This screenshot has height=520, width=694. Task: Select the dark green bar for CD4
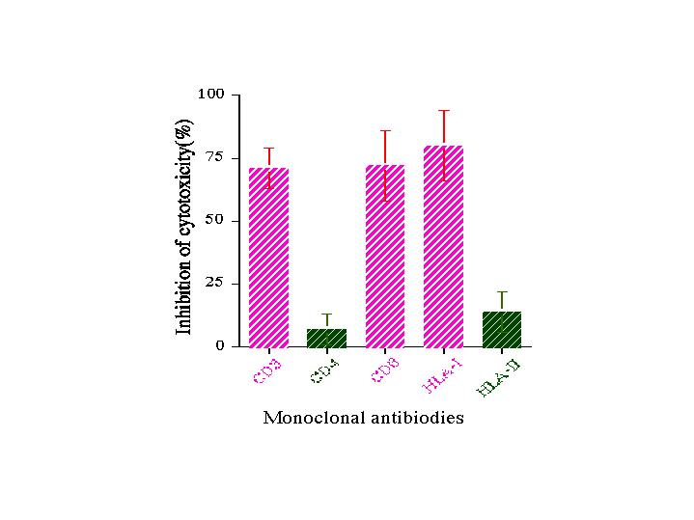click(x=326, y=338)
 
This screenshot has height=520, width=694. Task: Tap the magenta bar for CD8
click(x=384, y=257)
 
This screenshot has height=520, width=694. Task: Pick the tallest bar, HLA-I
click(x=443, y=247)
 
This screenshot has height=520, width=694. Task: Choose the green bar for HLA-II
click(x=501, y=329)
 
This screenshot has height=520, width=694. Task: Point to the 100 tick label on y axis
click(x=210, y=95)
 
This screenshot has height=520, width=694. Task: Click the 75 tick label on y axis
click(x=215, y=157)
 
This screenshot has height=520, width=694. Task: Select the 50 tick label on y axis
click(x=215, y=220)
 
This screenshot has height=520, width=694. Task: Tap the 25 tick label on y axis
click(x=215, y=283)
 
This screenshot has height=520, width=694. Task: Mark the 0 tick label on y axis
click(x=219, y=345)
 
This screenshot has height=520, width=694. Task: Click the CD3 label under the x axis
click(x=262, y=369)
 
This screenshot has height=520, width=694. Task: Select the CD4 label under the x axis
click(x=320, y=369)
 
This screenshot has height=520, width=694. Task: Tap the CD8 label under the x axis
click(x=378, y=369)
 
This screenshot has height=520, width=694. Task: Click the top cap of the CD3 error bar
click(x=268, y=149)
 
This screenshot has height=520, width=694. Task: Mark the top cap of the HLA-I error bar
click(x=443, y=111)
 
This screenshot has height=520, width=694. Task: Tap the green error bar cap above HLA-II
click(x=501, y=291)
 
